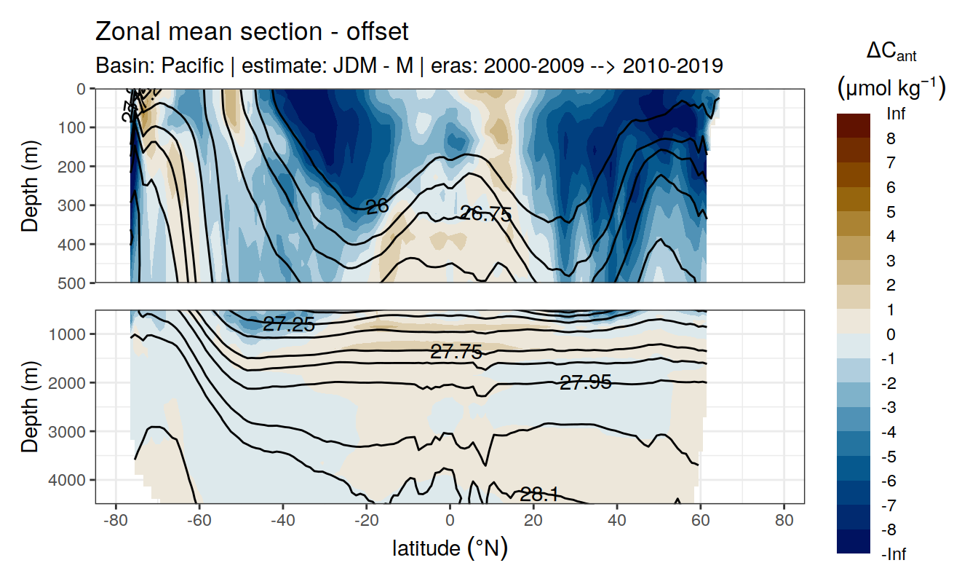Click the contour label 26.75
click(x=485, y=214)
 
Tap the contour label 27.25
click(x=289, y=325)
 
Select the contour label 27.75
click(x=456, y=352)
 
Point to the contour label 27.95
click(x=585, y=382)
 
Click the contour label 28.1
click(x=539, y=495)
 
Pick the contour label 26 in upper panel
click(x=377, y=207)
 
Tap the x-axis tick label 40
click(x=616, y=522)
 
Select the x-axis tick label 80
click(x=784, y=522)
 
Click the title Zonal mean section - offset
click(x=252, y=32)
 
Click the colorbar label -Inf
click(x=893, y=555)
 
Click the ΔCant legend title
click(x=891, y=52)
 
